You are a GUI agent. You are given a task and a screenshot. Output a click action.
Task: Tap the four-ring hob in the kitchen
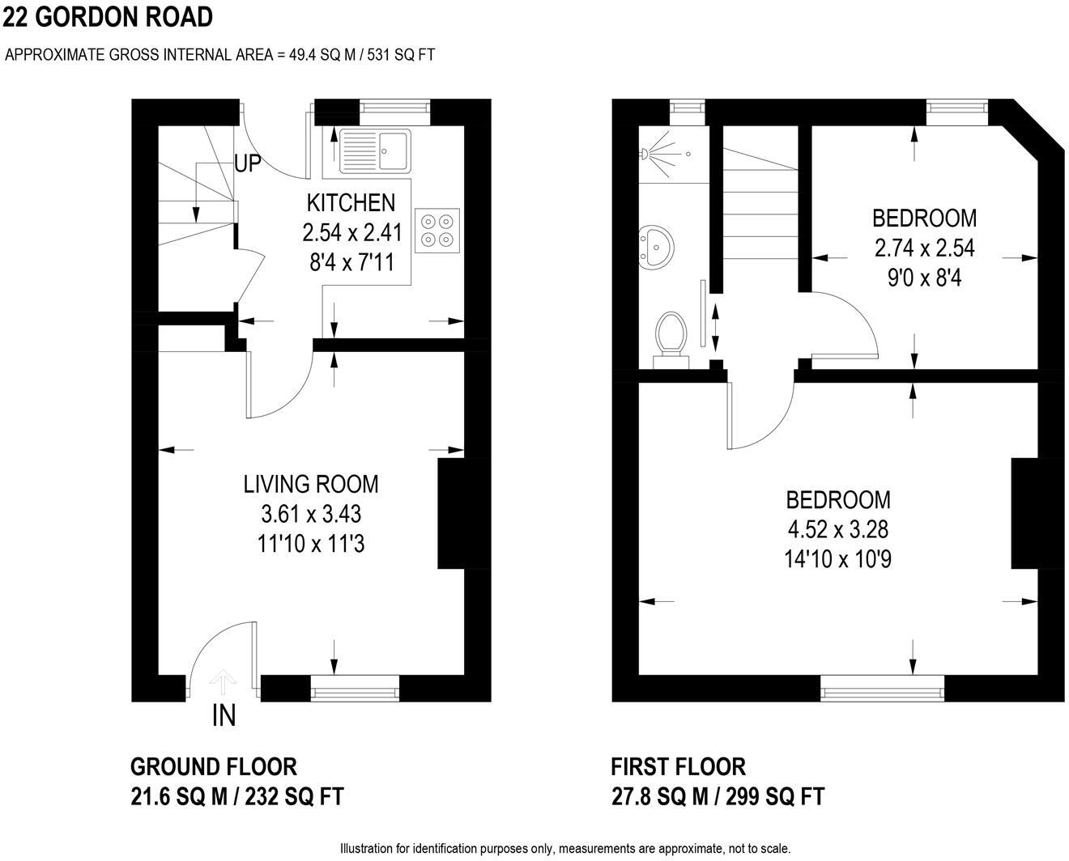pyautogui.click(x=437, y=228)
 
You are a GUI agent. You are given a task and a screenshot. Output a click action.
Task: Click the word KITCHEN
pyautogui.click(x=351, y=202)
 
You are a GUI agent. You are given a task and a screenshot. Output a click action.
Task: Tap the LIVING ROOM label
pyautogui.click(x=311, y=484)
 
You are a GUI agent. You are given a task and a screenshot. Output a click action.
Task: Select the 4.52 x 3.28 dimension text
pyautogui.click(x=838, y=529)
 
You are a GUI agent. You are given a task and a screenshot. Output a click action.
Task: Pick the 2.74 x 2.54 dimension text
pyautogui.click(x=924, y=248)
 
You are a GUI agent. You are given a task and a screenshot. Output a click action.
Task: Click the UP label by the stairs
pyautogui.click(x=248, y=163)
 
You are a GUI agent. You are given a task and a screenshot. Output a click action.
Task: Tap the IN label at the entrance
pyautogui.click(x=224, y=715)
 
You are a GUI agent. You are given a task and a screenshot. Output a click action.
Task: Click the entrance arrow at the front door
pyautogui.click(x=223, y=682)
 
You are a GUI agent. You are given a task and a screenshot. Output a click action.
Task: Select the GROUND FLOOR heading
pyautogui.click(x=214, y=766)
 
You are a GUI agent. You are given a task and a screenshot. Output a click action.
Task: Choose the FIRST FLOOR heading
pyautogui.click(x=678, y=766)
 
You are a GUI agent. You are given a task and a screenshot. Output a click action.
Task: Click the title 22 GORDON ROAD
pyautogui.click(x=108, y=16)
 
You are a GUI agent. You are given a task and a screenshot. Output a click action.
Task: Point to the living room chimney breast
pyautogui.click(x=452, y=514)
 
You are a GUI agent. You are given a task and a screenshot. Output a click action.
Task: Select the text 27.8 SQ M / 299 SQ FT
pyautogui.click(x=718, y=796)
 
